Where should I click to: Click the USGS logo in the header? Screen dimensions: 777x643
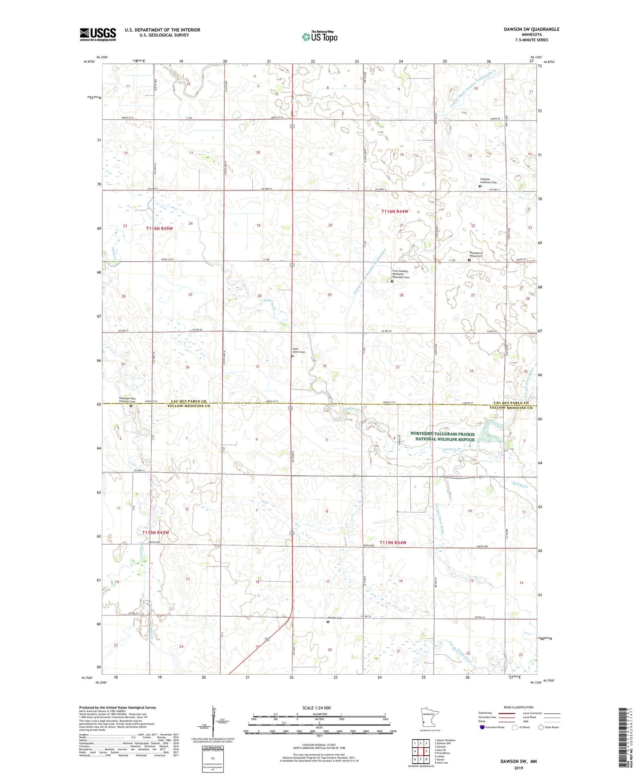tap(98, 34)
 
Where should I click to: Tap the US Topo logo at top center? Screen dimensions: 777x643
tap(319, 36)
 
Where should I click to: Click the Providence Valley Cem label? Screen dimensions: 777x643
tap(476, 255)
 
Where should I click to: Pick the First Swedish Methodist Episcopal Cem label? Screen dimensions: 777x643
tap(400, 274)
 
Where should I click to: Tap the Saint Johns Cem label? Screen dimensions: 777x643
tap(299, 350)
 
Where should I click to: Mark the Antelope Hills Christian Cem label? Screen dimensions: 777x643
tap(127, 400)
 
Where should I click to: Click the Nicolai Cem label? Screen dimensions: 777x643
tap(335, 618)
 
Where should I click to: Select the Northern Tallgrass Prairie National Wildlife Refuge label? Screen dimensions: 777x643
tap(442, 436)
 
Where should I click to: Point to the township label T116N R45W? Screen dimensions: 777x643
tap(159, 228)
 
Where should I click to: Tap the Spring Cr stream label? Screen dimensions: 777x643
tap(520, 485)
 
